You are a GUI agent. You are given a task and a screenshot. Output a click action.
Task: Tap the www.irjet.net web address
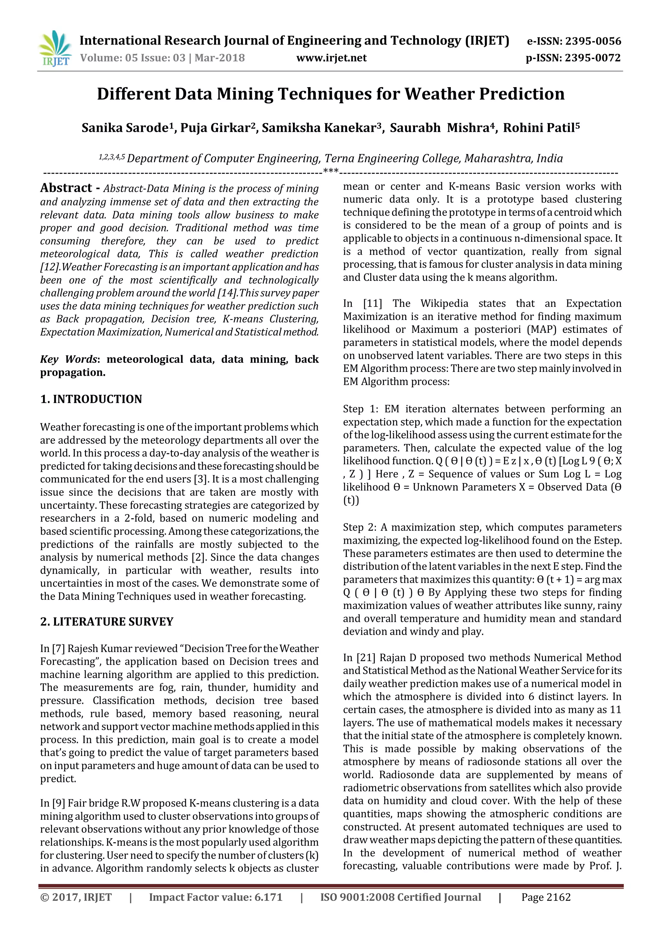click(331, 58)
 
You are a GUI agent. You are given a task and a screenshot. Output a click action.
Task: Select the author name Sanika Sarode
click(125, 128)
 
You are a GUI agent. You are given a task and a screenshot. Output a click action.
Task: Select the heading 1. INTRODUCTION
click(91, 399)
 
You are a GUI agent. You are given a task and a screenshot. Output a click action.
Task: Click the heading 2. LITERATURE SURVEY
click(107, 622)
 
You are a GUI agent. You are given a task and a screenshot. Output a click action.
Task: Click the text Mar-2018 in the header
click(220, 58)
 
